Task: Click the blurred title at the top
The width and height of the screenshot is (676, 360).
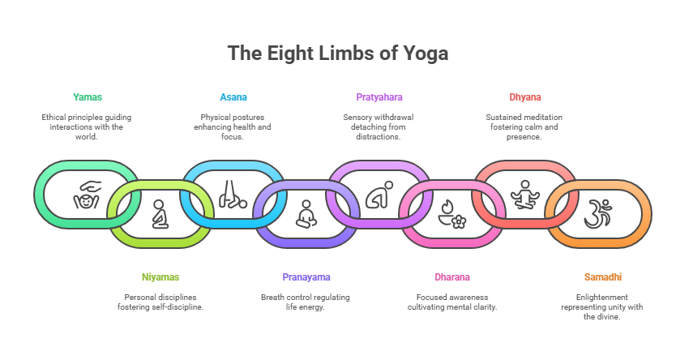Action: (337, 54)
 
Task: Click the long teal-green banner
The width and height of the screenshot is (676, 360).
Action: (146, 104)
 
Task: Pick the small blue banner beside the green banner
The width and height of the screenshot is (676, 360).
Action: (234, 103)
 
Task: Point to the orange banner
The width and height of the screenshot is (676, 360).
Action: (631, 282)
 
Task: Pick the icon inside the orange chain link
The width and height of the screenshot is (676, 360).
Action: (599, 212)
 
